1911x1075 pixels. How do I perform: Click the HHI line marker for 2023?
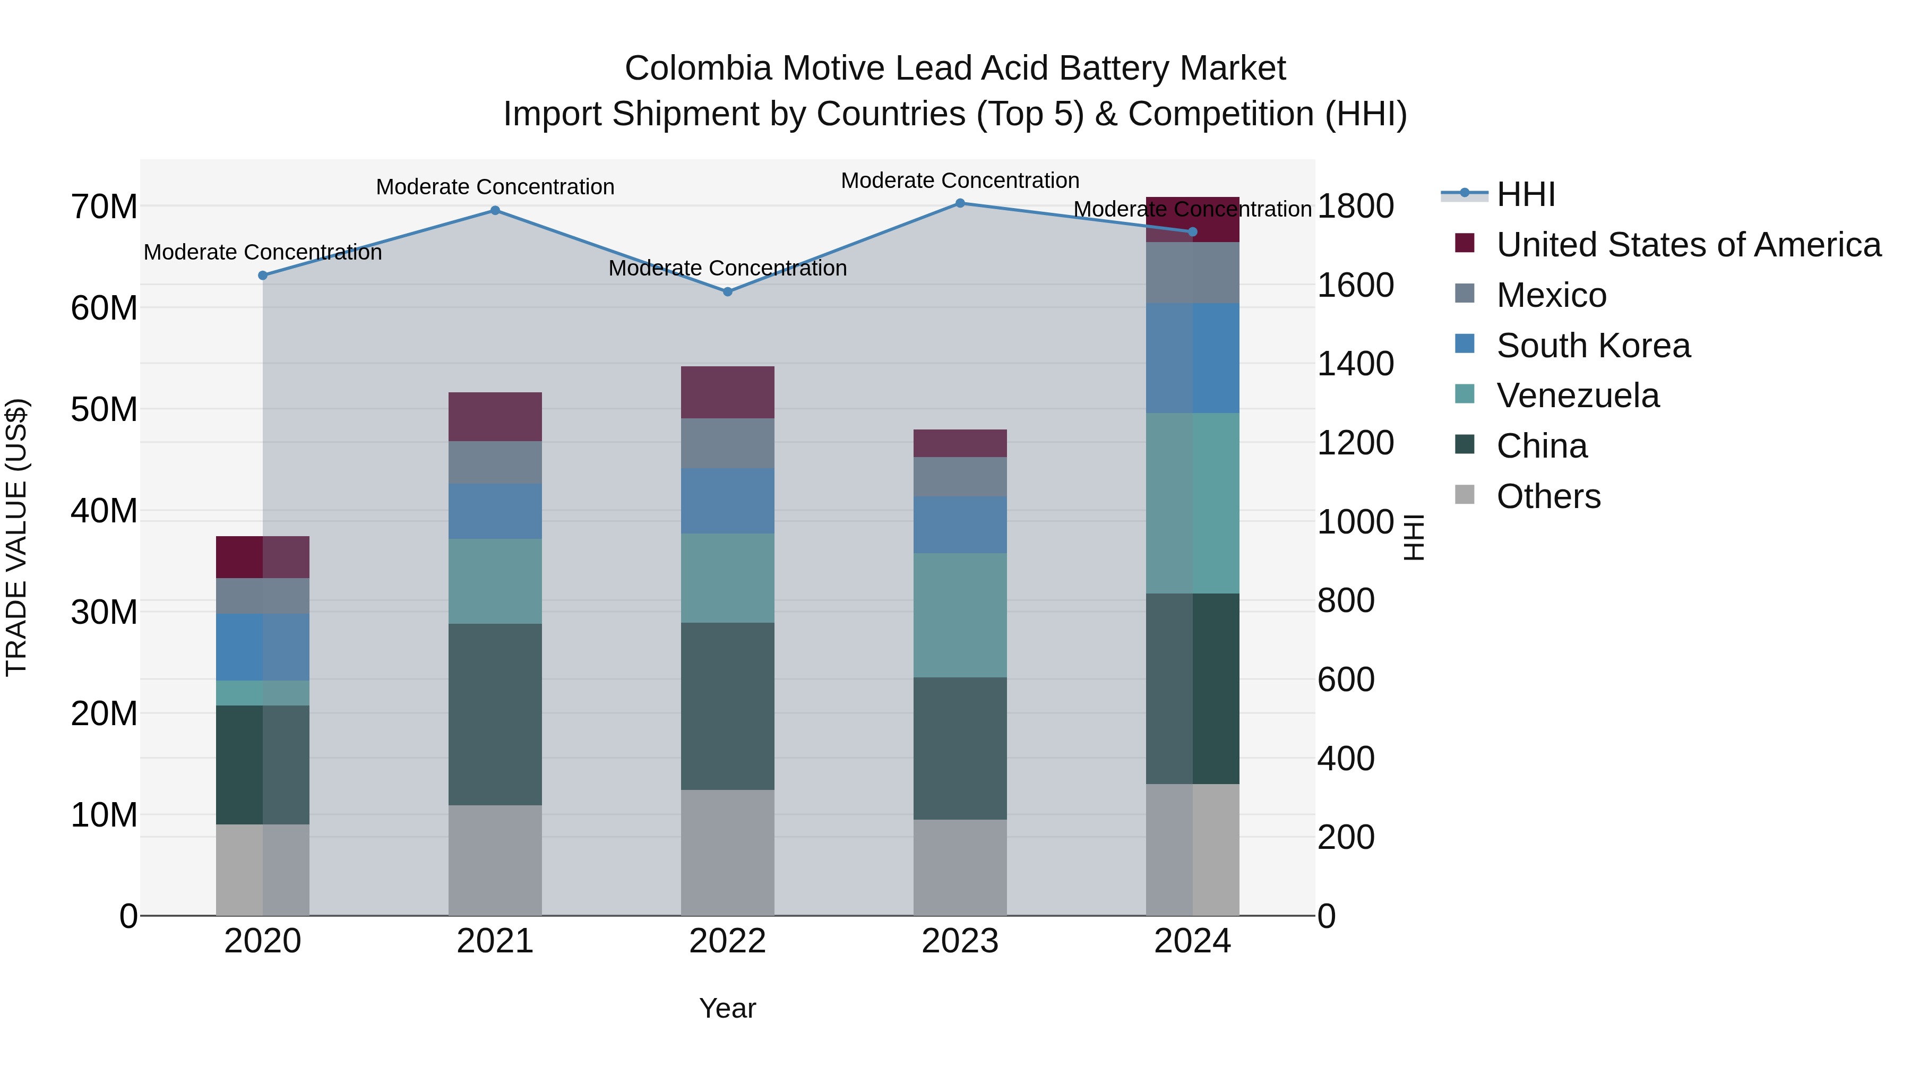(x=960, y=203)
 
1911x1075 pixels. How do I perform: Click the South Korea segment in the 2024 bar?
(x=1192, y=358)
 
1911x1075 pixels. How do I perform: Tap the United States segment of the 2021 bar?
(x=495, y=416)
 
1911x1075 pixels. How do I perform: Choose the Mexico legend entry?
(x=1551, y=295)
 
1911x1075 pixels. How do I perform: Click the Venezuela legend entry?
(x=1577, y=395)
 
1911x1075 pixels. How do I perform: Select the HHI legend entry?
(x=1525, y=194)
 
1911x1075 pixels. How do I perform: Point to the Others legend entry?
(x=1548, y=496)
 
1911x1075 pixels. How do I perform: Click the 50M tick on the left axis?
(x=104, y=409)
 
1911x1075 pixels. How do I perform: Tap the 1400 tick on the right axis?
(x=1355, y=364)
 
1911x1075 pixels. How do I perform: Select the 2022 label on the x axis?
(x=728, y=941)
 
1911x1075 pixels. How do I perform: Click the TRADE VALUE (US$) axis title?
(x=16, y=537)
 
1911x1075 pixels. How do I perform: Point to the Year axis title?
(x=728, y=1008)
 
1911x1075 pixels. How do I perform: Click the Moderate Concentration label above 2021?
(x=495, y=187)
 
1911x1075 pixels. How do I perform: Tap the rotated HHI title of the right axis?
(x=1414, y=537)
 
